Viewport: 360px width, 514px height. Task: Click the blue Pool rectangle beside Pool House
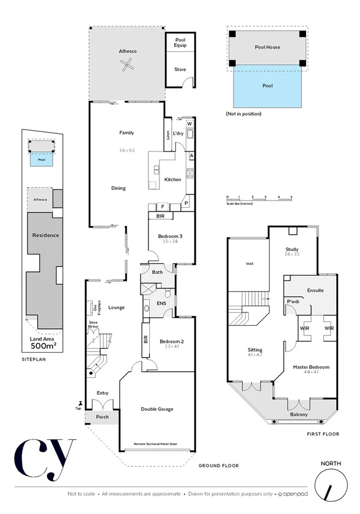(x=266, y=87)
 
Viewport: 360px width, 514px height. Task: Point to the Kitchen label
(x=172, y=180)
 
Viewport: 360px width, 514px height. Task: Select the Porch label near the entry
(x=102, y=418)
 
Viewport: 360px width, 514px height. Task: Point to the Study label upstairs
(x=292, y=249)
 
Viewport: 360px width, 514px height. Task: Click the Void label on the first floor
(x=249, y=264)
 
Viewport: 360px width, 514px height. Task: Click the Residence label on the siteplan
(x=46, y=235)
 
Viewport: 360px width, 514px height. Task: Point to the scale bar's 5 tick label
(x=292, y=197)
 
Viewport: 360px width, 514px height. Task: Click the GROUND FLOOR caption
(x=218, y=465)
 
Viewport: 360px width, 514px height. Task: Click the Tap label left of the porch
(x=78, y=408)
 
